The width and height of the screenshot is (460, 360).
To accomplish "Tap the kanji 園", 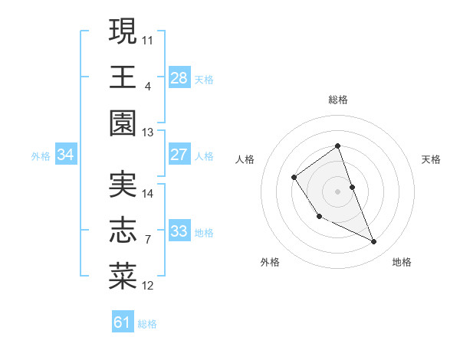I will click(x=123, y=123).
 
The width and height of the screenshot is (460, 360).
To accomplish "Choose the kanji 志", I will click(x=123, y=230).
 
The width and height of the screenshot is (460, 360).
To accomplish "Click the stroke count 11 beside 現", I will click(x=148, y=39).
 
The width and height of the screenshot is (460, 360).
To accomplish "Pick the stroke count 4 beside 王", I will click(x=148, y=86).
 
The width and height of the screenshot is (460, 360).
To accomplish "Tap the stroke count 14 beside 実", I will click(x=148, y=193).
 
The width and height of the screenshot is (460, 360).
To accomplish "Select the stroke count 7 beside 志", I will click(x=148, y=240).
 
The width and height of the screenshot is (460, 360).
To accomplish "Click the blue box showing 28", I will click(x=179, y=77).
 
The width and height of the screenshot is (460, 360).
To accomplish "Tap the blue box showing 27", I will click(x=179, y=155).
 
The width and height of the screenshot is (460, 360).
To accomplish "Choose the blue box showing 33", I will click(x=179, y=231).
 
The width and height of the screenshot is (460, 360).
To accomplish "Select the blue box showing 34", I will click(x=66, y=155).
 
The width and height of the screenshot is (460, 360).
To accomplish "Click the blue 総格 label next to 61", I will click(x=147, y=324).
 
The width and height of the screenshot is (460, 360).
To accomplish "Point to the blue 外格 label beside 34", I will click(x=41, y=156).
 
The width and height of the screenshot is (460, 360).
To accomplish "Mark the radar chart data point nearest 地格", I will click(x=374, y=242).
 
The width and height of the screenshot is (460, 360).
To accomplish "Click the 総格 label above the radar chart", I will click(x=337, y=100).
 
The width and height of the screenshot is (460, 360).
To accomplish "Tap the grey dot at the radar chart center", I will click(x=337, y=191).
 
